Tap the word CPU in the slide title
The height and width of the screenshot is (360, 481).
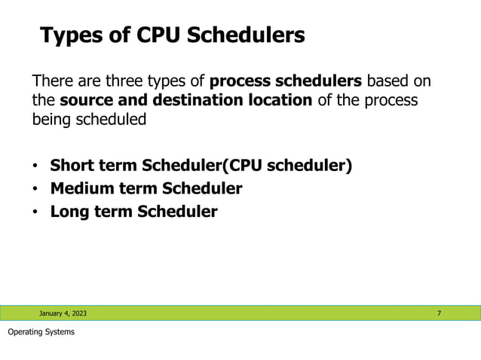click(155, 35)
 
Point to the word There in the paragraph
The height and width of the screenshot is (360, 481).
click(53, 81)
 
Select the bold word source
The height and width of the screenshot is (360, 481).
click(86, 100)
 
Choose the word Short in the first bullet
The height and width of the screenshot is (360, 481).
click(72, 165)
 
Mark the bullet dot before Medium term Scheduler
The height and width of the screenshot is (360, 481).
click(35, 188)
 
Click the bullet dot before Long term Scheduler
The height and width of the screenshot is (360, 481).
click(35, 212)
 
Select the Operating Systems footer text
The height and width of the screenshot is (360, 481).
click(41, 332)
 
